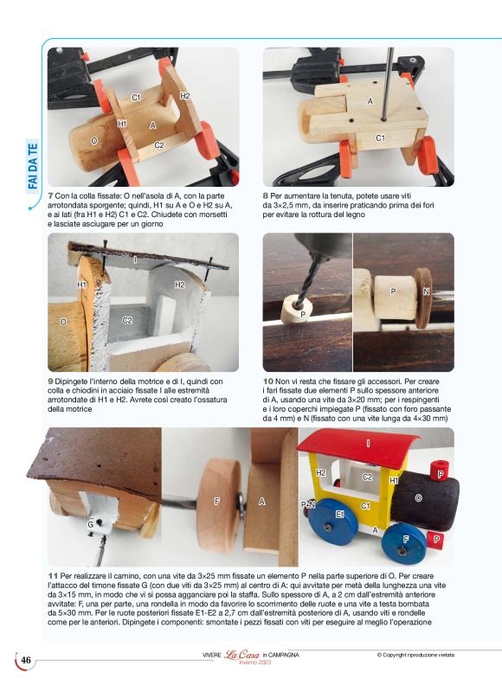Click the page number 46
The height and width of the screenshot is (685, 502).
[x=26, y=659]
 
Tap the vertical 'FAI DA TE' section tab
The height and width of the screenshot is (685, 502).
[x=33, y=166]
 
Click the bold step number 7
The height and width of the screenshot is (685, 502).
[x=50, y=196]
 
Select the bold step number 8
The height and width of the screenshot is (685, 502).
[x=266, y=196]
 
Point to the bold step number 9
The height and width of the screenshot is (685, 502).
[x=50, y=381]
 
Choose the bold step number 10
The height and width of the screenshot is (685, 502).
[x=267, y=381]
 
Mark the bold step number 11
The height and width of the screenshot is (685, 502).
[x=53, y=576]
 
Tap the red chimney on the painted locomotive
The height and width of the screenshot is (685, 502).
[x=439, y=471]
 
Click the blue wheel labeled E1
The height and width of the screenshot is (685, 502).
[x=332, y=522]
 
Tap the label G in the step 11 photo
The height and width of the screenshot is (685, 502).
[x=90, y=524]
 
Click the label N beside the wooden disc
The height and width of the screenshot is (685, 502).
[x=426, y=291]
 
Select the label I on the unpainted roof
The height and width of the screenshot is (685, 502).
[x=135, y=259]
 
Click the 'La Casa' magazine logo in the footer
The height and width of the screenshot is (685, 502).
[x=241, y=655]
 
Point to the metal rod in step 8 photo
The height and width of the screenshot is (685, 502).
[x=387, y=84]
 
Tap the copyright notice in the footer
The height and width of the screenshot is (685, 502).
[x=415, y=655]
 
